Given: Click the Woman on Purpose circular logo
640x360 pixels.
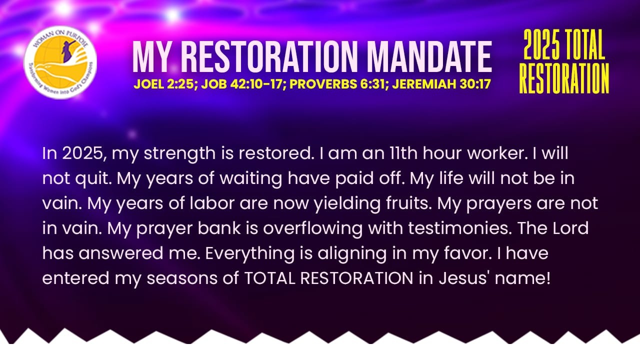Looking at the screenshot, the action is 60,62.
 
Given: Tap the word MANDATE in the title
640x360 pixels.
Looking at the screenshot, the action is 429,56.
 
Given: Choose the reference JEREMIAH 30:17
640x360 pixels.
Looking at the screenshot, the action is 441,84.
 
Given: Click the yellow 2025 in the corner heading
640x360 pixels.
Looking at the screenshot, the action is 541,44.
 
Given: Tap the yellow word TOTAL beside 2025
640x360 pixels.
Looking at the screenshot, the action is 584,44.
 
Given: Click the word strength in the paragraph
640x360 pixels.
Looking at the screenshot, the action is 179,154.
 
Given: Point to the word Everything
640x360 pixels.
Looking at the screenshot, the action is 249,253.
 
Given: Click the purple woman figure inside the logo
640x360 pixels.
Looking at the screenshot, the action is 67,51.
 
